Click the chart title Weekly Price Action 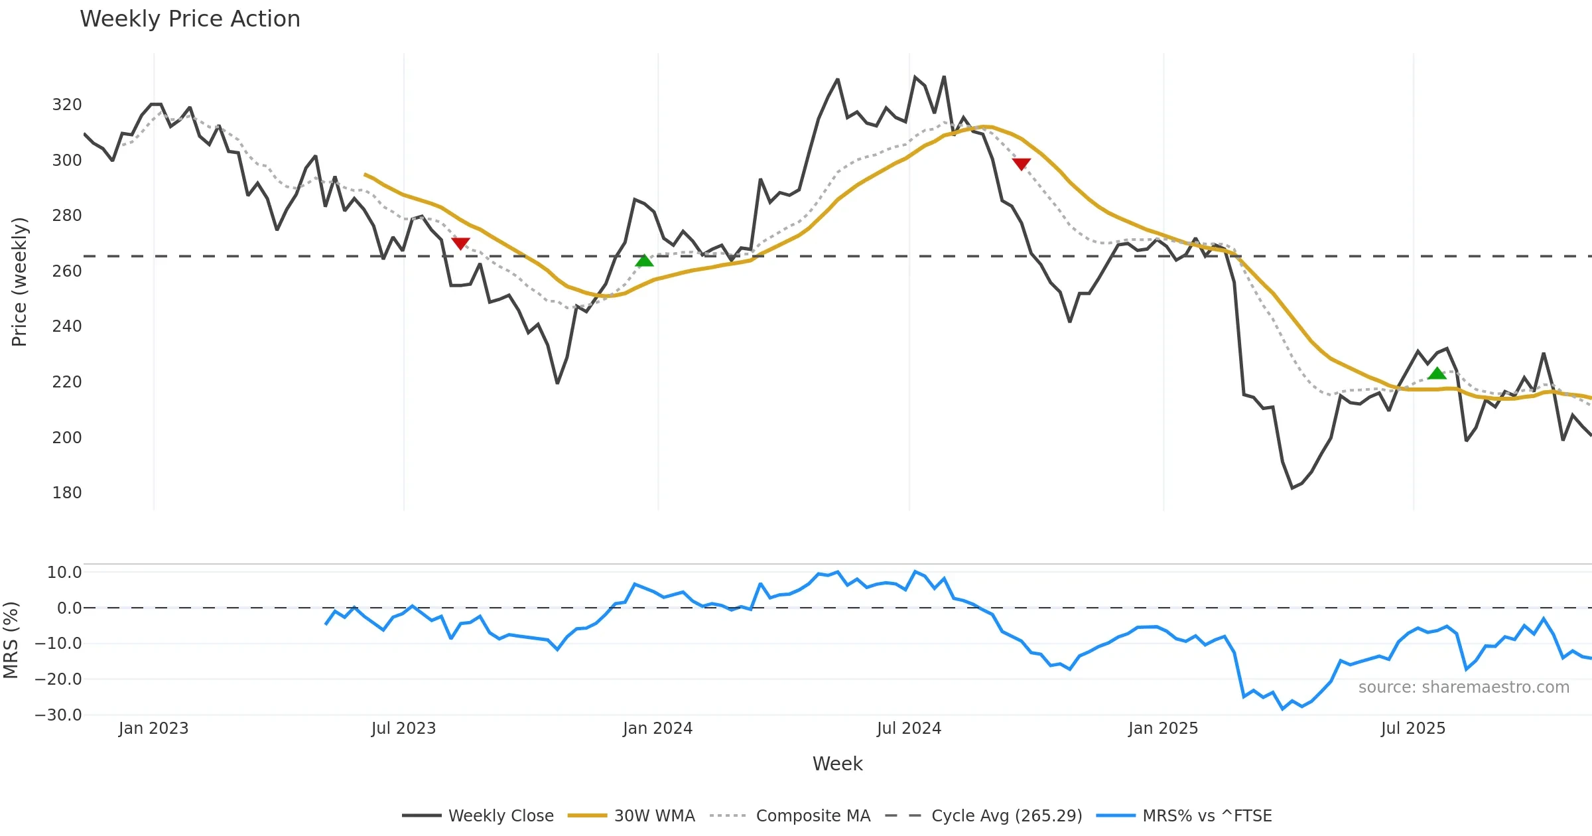click(190, 19)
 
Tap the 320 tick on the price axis click(67, 105)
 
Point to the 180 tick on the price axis click(67, 493)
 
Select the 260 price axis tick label click(67, 271)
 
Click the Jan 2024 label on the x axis click(657, 729)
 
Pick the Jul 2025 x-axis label click(1413, 729)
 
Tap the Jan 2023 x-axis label click(153, 729)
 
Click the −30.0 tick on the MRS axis click(58, 715)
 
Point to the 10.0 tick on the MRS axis click(64, 573)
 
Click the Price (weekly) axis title click(19, 282)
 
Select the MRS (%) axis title click(11, 640)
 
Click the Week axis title click(837, 764)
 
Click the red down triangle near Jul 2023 click(460, 244)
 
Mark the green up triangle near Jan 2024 click(644, 261)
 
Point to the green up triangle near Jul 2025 click(1437, 374)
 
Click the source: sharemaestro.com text click(1463, 687)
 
